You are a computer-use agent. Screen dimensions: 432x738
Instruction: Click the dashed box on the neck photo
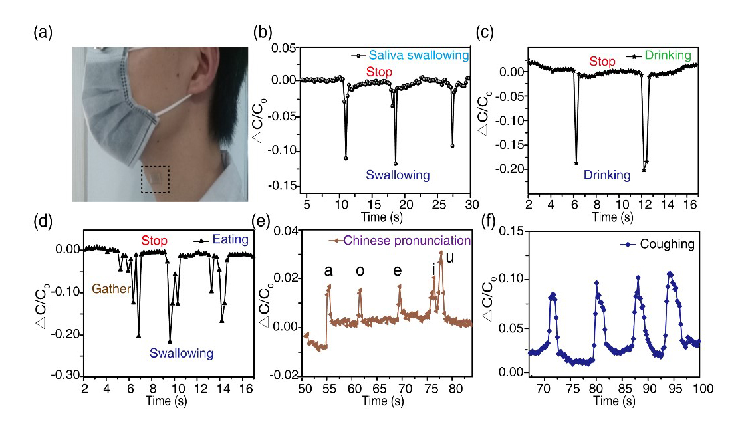point(155,179)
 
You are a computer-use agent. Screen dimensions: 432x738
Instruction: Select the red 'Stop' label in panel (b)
point(380,71)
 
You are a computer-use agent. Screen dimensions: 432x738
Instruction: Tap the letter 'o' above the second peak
point(360,272)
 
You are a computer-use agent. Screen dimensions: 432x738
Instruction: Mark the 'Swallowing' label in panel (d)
point(182,353)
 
